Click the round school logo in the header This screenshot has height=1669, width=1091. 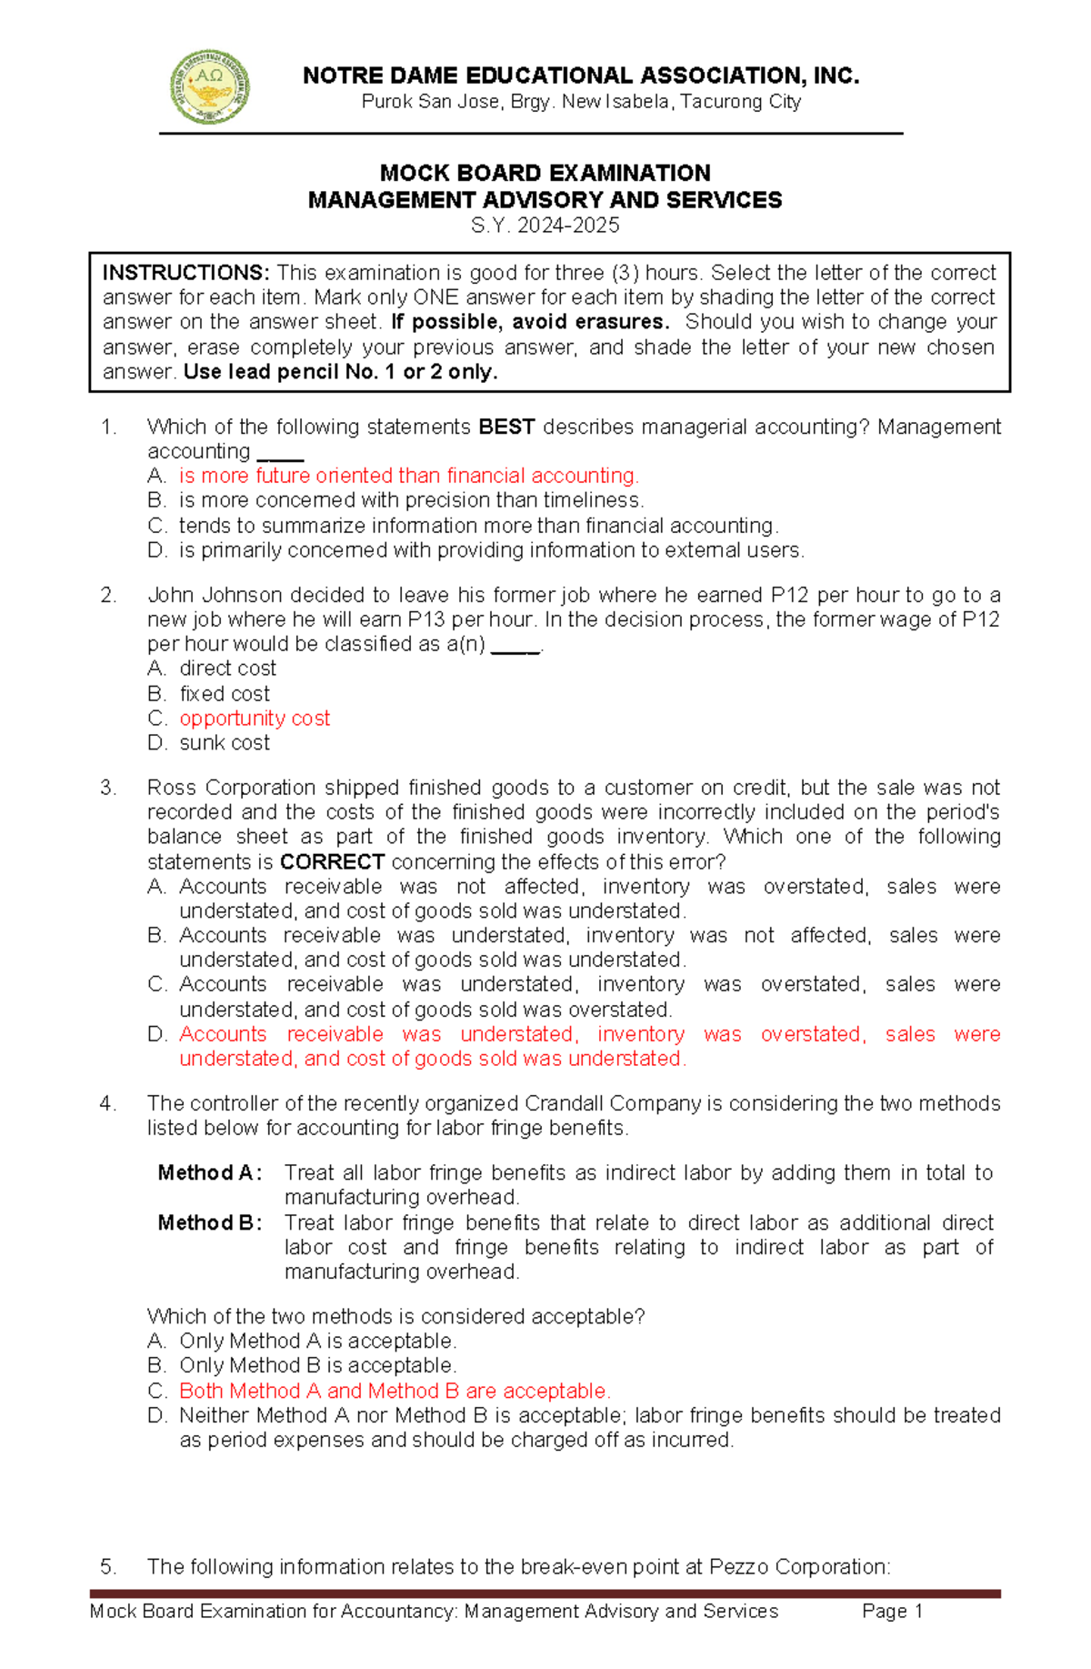click(210, 87)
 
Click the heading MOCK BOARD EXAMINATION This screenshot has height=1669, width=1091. click(545, 173)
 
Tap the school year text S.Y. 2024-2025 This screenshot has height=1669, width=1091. click(545, 226)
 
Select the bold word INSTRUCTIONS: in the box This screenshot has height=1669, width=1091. click(185, 273)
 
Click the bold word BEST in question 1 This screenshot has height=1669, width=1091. click(506, 427)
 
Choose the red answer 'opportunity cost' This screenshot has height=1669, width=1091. click(255, 719)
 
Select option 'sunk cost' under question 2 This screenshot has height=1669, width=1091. click(225, 743)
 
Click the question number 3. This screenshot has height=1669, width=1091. click(108, 788)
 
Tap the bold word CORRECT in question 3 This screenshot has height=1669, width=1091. click(332, 861)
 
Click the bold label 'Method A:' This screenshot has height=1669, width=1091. click(210, 1173)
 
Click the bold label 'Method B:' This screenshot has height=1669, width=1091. click(210, 1223)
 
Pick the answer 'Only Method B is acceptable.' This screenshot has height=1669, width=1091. click(318, 1366)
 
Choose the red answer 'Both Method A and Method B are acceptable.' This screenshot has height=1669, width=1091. click(395, 1391)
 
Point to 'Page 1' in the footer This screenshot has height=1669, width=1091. click(892, 1612)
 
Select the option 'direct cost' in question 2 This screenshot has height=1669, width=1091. click(227, 669)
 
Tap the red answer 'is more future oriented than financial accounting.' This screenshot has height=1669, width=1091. click(409, 476)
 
